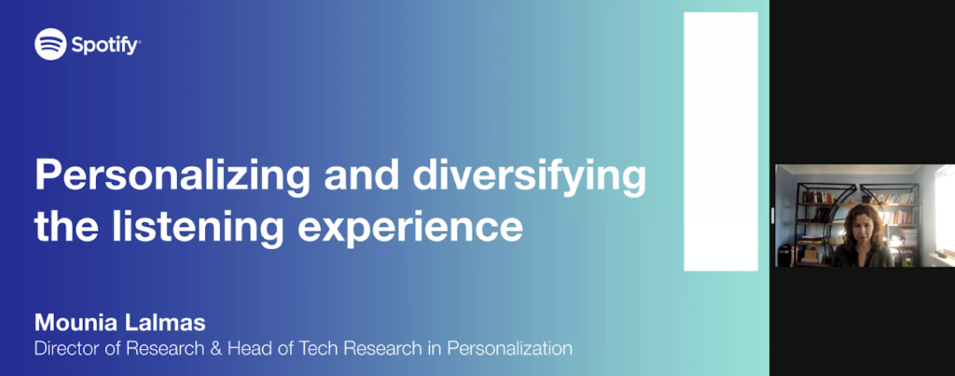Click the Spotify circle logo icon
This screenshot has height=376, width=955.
[50, 44]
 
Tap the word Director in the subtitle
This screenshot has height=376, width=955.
[67, 349]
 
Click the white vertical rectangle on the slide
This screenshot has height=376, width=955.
[719, 140]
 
